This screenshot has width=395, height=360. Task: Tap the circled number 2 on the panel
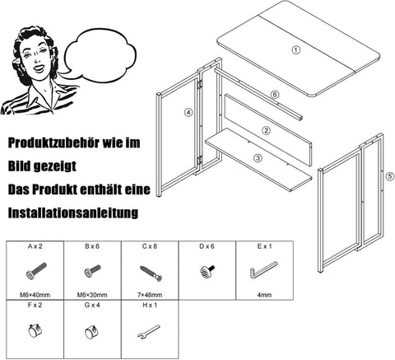(x=266, y=129)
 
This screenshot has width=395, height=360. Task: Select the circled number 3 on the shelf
(x=258, y=157)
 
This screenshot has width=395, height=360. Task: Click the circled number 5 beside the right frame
(x=389, y=175)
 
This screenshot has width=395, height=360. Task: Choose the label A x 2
(x=36, y=246)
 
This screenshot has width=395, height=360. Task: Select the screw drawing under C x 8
(x=151, y=269)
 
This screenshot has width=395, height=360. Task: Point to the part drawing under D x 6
(x=207, y=270)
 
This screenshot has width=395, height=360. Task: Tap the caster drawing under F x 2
(x=35, y=333)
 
